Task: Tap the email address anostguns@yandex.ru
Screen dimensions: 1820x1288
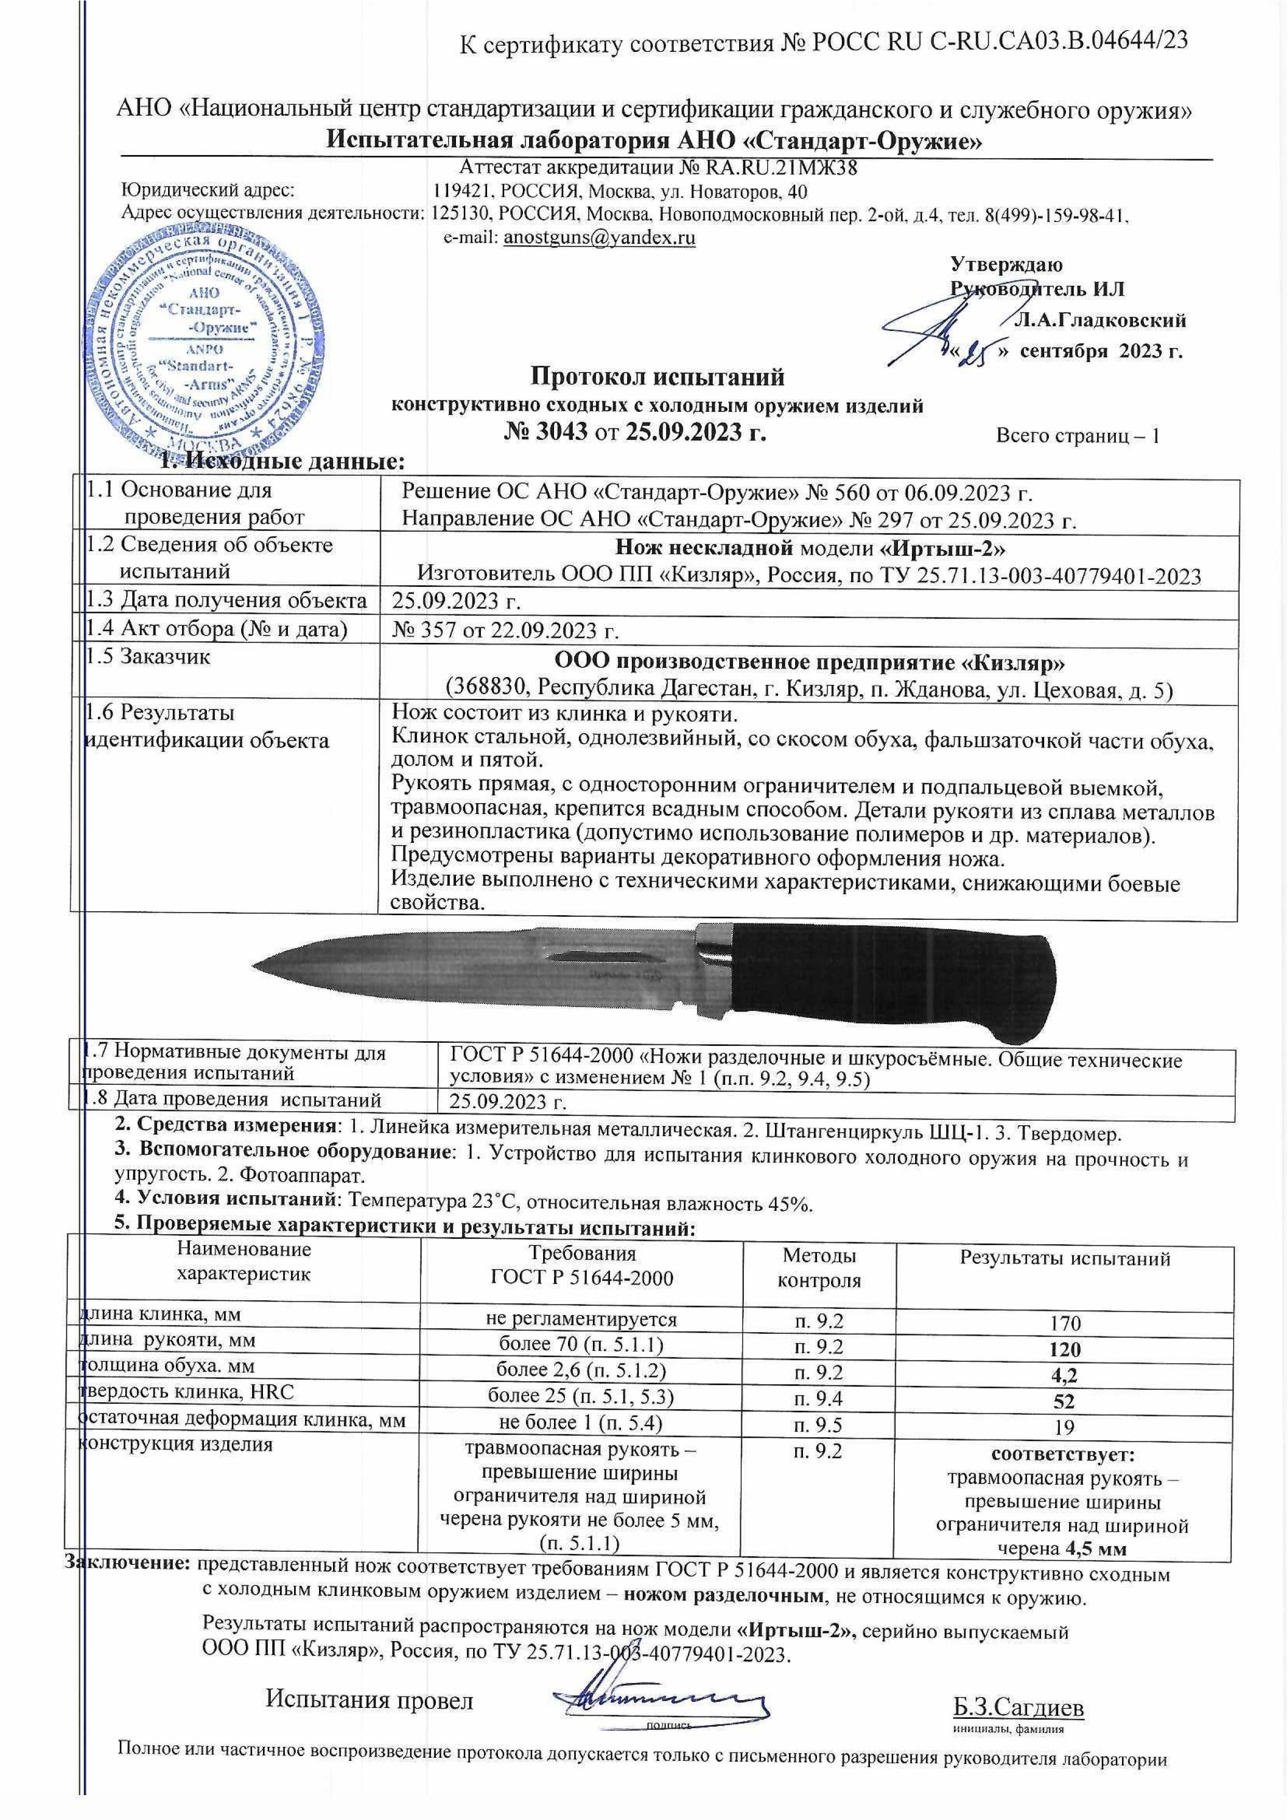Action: click(x=600, y=237)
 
